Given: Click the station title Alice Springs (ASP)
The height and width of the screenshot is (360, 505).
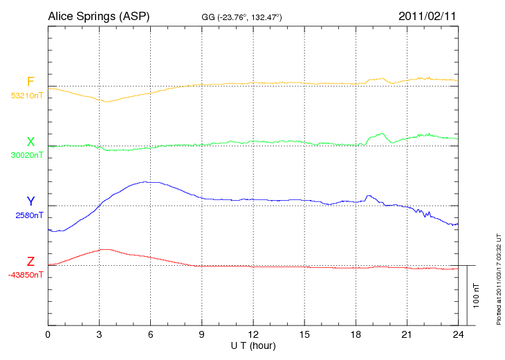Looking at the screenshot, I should point(99,16).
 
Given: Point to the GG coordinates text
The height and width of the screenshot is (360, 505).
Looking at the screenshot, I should point(241,17).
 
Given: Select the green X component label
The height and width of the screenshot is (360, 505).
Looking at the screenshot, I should point(30,142).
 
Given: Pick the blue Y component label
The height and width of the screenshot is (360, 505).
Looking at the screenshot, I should point(30,201).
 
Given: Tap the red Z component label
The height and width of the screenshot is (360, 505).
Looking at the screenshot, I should point(30,262).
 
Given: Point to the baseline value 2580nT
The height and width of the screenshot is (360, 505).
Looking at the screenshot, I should point(30,215).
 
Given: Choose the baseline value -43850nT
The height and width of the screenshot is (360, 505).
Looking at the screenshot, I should point(26,275).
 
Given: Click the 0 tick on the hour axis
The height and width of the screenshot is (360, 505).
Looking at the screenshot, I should point(48,335).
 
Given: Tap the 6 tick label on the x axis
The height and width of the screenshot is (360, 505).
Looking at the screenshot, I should point(150,335).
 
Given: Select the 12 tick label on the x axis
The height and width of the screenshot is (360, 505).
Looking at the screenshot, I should point(252,335).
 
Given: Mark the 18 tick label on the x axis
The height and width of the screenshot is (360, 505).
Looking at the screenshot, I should point(356,335).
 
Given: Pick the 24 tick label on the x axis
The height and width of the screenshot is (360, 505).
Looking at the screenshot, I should point(458,335).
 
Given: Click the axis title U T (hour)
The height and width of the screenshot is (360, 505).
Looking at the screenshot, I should point(252,345).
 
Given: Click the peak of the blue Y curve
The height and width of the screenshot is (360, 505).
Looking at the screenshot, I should point(147,182).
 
